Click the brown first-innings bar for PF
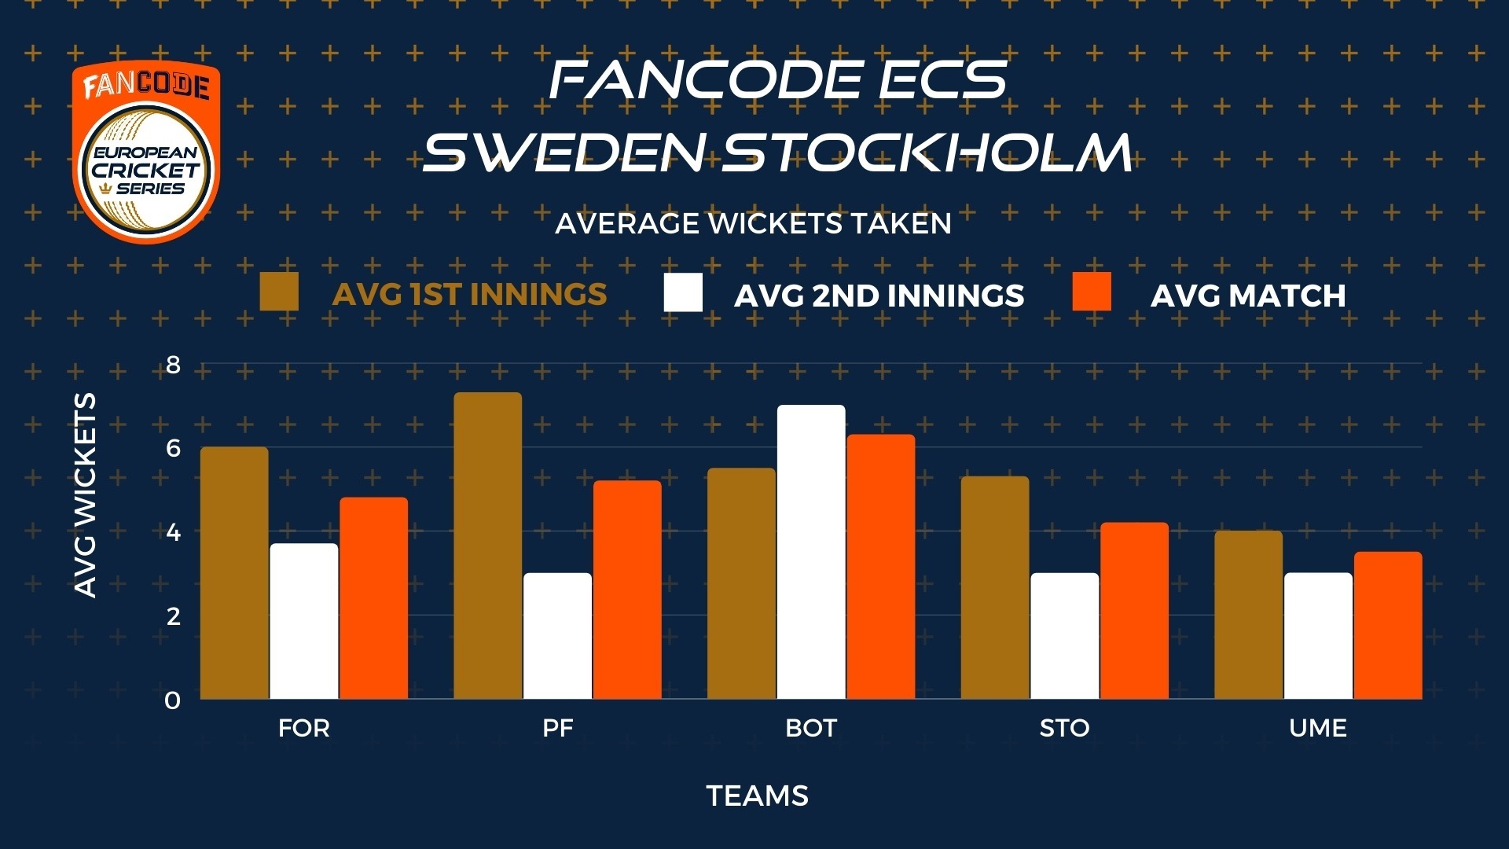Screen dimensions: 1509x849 pos(488,546)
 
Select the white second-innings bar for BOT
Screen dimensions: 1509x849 pos(811,552)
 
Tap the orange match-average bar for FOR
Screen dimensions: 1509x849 pos(374,598)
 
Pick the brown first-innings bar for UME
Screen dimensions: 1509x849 pos(1248,615)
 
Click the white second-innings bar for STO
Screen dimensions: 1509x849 pos(1064,636)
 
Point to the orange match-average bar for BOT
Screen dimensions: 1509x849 pos(881,567)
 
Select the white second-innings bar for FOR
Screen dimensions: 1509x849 pos(304,621)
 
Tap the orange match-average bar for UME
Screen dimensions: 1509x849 pos(1388,625)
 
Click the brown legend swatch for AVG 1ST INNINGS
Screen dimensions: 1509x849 pos(279,292)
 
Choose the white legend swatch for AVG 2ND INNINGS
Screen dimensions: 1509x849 pos(683,292)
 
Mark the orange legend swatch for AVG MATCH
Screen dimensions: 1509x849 pos(1092,292)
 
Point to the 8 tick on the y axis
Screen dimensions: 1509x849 pos(173,365)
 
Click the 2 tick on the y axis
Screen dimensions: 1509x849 pos(173,616)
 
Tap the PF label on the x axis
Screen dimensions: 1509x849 pos(558,728)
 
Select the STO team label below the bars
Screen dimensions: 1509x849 pos(1064,728)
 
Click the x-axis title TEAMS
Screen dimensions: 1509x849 pos(758,796)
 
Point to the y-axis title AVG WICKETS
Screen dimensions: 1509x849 pos(85,495)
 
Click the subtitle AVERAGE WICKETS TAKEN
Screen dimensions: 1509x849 pos(753,224)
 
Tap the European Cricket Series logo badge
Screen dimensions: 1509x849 pos(146,152)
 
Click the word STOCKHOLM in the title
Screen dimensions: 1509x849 pos(927,153)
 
